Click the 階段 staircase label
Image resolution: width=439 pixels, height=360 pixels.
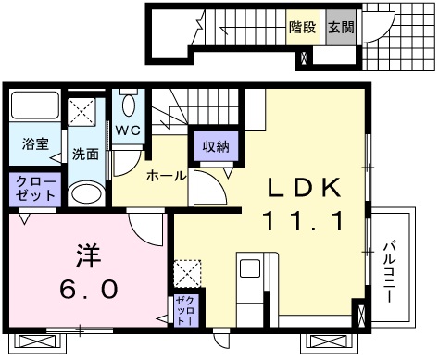click(x=301, y=29)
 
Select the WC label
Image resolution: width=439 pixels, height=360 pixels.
click(x=128, y=130)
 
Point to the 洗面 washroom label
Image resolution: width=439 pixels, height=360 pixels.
click(x=86, y=154)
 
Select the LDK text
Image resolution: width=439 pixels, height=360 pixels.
click(x=306, y=187)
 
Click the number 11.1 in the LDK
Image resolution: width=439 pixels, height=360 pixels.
click(x=306, y=221)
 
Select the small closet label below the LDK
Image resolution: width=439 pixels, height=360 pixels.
click(x=182, y=309)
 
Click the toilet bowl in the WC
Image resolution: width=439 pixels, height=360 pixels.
click(x=128, y=101)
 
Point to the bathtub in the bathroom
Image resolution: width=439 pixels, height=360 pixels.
click(x=33, y=109)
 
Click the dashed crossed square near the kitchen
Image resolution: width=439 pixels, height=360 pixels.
click(x=188, y=272)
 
